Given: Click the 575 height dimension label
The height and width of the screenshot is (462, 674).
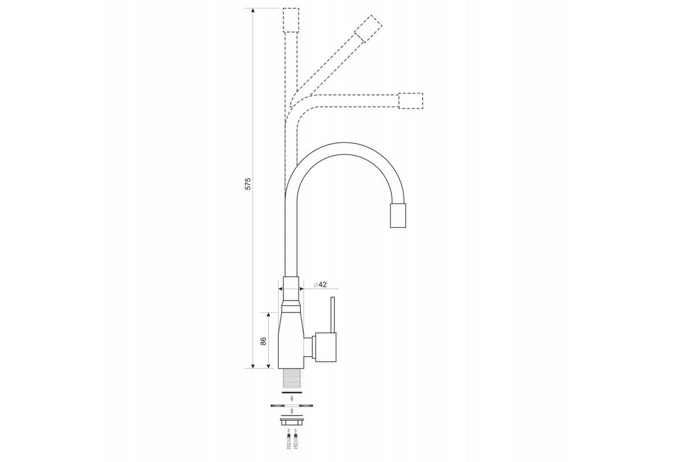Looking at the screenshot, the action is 248,184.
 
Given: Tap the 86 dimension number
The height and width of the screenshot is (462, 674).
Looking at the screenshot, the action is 263,341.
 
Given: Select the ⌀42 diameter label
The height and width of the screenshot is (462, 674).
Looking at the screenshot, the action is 320,284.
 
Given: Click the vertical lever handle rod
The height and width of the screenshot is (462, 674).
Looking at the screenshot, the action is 333,315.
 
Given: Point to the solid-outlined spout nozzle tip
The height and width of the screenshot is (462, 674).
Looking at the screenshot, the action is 398,216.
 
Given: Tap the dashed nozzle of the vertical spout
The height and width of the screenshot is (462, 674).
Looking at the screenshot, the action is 291,20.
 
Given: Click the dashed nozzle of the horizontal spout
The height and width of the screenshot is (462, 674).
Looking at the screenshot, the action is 411,101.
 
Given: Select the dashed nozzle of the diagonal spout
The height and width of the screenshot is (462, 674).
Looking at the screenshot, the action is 368,28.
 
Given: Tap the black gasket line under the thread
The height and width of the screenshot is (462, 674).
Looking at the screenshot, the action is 291,393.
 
